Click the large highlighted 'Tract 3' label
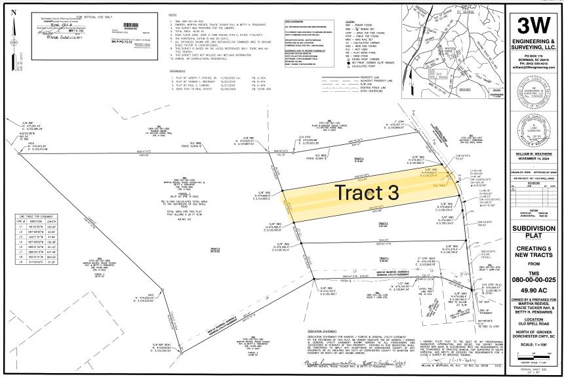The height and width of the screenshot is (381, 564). click(x=367, y=193)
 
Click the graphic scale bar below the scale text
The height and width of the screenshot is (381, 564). click(x=534, y=355)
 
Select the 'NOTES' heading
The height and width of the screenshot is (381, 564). click(x=172, y=15)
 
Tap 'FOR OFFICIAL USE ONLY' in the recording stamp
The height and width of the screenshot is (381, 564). click(x=73, y=14)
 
